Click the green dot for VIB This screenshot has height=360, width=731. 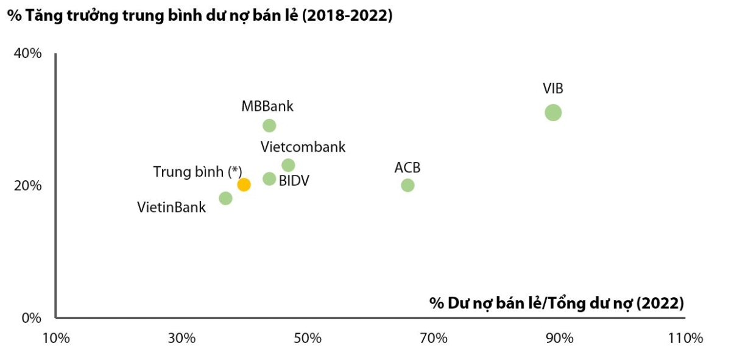pos(553,112)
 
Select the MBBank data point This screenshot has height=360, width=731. pos(269,125)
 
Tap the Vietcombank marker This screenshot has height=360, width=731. pos(288,165)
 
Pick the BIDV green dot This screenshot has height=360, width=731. pos(269,178)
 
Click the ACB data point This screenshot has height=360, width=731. pos(408,185)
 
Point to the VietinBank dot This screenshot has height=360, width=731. pos(225,198)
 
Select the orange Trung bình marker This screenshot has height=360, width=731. pos(244,185)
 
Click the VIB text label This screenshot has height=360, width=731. pos(553,88)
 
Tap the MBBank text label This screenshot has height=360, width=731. pos(267,107)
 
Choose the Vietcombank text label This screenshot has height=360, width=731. pos(303,147)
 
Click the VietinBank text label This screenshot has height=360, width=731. pos(172,208)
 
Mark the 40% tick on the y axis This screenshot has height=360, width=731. pos(27,54)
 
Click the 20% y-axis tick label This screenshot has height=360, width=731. pos(27,185)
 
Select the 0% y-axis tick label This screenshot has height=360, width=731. pos(31,317)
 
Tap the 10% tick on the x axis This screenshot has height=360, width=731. pos(55,337)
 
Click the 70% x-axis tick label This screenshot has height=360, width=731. pos(434,337)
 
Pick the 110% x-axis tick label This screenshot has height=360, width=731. pos(686,337)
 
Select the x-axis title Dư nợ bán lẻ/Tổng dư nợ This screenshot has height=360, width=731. pos(556,303)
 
